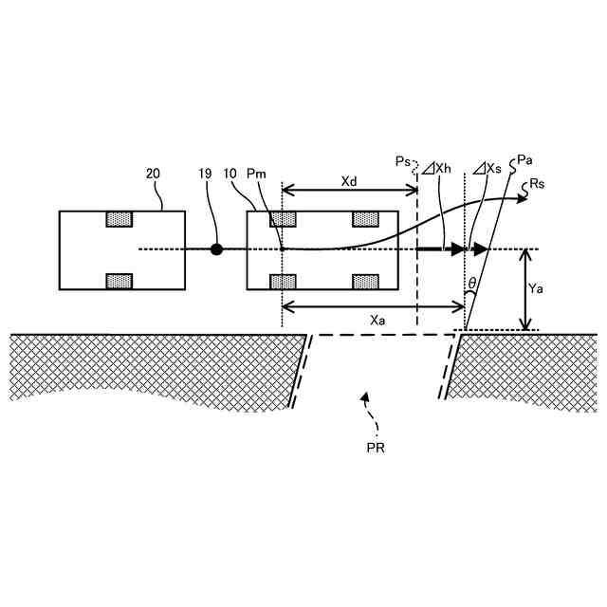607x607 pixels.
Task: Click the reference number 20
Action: click(x=154, y=175)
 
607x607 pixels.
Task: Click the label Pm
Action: click(x=256, y=175)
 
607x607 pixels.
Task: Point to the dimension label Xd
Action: click(x=349, y=179)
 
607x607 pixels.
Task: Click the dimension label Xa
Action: click(x=377, y=320)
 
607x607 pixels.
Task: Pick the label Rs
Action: click(x=539, y=183)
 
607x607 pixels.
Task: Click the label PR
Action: click(x=377, y=444)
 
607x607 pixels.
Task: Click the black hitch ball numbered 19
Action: click(x=216, y=249)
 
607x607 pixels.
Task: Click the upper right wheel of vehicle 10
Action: click(x=365, y=219)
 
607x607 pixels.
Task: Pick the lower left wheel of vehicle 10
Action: click(x=283, y=281)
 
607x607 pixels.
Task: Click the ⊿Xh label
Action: click(x=438, y=168)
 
